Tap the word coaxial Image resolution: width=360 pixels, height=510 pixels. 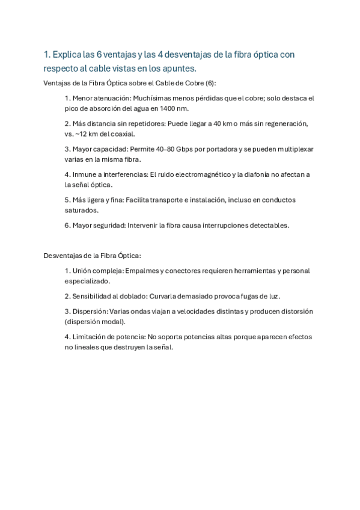[120, 134]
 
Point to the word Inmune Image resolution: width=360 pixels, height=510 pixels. [85, 174]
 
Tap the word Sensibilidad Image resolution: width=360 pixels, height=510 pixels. [94, 296]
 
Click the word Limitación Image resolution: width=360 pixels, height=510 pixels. [92, 337]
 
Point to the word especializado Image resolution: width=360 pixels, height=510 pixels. [88, 281]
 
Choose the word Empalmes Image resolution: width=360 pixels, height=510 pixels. [142, 271]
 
